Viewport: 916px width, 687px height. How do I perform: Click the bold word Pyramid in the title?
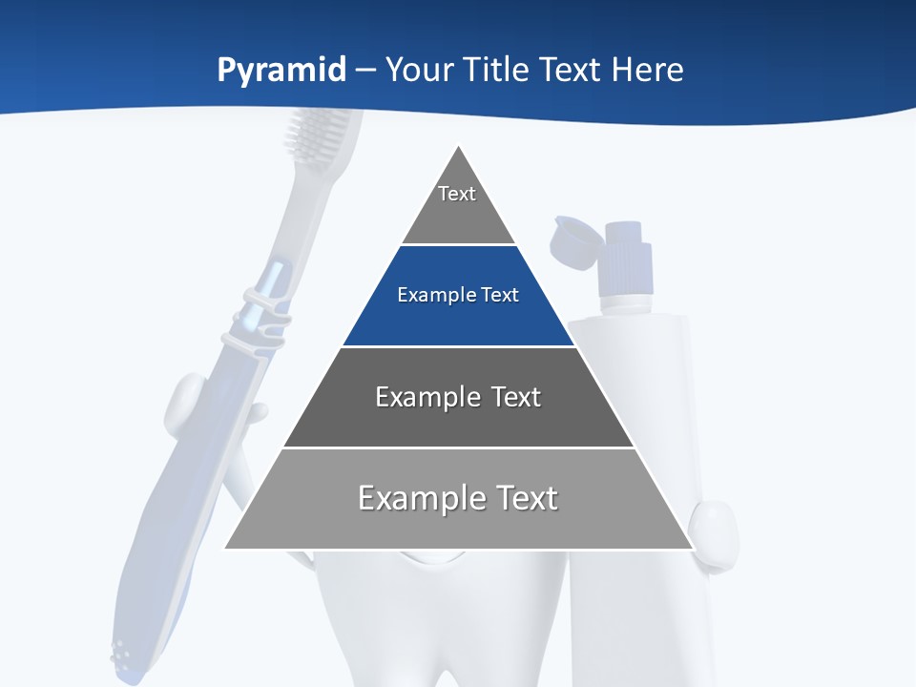[x=281, y=71]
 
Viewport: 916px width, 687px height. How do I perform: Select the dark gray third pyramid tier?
[x=458, y=398]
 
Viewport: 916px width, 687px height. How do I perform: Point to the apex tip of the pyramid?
[x=459, y=147]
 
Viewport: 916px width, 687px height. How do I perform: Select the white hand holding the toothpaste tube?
[x=716, y=531]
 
